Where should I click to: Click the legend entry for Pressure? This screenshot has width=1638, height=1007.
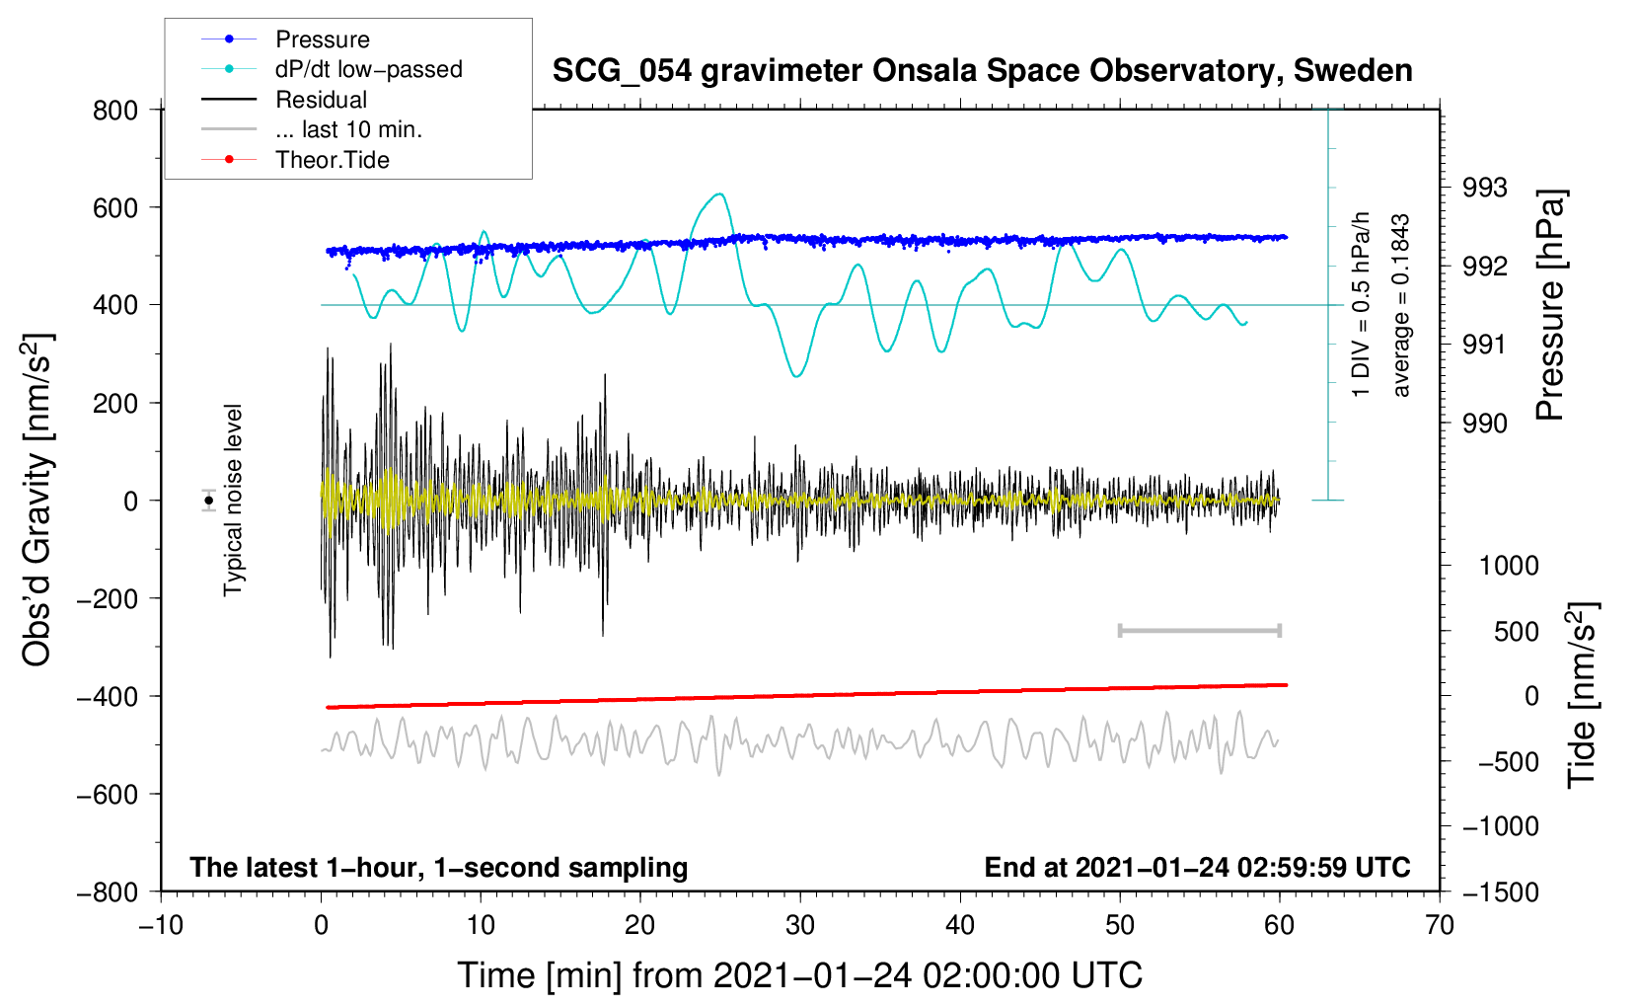322,39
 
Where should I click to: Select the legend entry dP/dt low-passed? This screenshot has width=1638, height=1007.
368,69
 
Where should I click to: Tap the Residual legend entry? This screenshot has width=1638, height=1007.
321,100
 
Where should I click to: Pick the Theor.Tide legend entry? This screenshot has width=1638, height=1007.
332,160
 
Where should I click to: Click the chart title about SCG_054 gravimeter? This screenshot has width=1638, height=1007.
982,71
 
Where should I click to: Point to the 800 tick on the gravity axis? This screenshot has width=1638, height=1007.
115,110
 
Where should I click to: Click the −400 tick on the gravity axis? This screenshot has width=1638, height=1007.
108,696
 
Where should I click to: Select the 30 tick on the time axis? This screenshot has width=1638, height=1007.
800,925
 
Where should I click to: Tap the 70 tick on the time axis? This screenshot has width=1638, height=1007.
1440,925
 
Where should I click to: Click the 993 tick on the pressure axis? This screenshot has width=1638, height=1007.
1485,188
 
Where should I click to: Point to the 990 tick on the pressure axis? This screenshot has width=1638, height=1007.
1485,424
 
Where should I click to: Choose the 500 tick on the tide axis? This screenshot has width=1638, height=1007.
1517,631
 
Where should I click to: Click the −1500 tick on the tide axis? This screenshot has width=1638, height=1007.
1501,891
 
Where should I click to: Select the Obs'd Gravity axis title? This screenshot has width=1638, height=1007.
37,501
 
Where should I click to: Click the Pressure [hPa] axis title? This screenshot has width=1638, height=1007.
1551,305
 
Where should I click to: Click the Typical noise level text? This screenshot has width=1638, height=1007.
233,501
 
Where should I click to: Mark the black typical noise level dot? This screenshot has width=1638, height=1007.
209,501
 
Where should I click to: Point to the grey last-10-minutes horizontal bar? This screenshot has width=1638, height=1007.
1199,631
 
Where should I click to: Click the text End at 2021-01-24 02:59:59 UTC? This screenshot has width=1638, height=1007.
1197,867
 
